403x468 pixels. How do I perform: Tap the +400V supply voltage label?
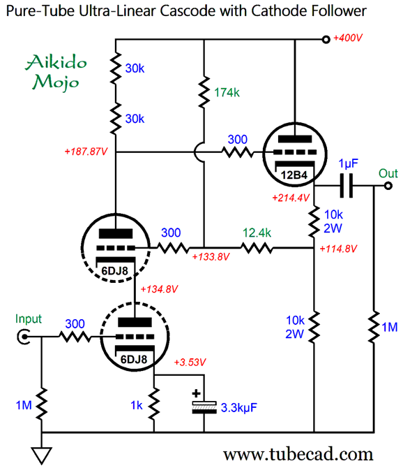[x=348, y=38]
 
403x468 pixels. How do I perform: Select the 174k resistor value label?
[x=227, y=92]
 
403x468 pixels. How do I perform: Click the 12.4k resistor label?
[x=257, y=233]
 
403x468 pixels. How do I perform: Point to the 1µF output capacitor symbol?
[x=347, y=186]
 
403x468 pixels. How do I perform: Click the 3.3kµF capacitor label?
[x=239, y=408]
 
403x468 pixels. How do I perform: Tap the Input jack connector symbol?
[x=23, y=337]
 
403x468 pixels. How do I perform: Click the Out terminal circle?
[x=388, y=186]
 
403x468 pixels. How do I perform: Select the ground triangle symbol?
[x=42, y=455]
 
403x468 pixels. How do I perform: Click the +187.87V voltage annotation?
[x=86, y=152]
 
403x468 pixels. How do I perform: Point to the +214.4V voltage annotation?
[x=291, y=198]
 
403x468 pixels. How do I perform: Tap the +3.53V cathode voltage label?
[x=190, y=362]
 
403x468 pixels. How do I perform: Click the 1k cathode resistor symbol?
[x=154, y=404]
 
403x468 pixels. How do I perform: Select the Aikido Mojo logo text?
[x=56, y=72]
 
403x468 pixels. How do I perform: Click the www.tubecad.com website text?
[x=298, y=454]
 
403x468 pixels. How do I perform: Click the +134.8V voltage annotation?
[x=159, y=289]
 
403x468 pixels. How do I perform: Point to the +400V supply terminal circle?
[x=326, y=39]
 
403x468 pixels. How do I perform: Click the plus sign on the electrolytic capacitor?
[x=196, y=393]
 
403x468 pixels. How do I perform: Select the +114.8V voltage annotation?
[x=338, y=249]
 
